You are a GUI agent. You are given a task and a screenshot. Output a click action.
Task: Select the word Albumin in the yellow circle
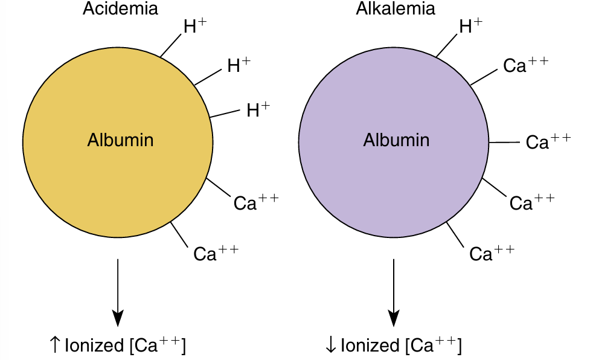tap(120, 140)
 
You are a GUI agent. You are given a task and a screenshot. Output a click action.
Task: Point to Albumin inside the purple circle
tap(396, 140)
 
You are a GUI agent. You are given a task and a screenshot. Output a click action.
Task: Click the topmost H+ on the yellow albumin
tap(195, 25)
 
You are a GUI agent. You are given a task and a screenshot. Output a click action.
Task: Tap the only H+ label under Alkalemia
tap(471, 25)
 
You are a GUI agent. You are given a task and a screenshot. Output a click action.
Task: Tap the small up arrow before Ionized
tap(54, 345)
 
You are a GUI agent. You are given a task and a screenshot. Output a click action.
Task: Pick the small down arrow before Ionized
tap(330, 345)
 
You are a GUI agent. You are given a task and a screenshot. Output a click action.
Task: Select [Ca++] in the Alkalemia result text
tap(434, 346)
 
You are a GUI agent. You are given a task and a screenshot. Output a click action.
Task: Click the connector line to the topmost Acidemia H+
tap(171, 46)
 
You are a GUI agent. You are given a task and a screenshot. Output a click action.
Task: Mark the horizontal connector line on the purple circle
tap(504, 143)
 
